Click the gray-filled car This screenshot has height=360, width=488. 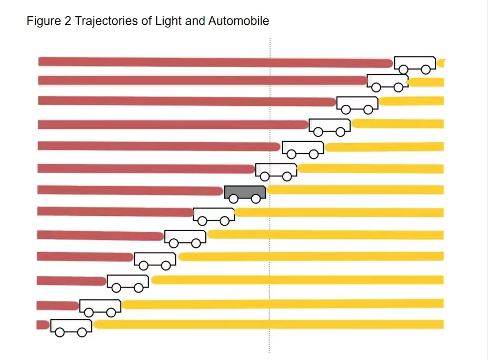[245, 194]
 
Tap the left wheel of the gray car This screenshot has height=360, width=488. [233, 198]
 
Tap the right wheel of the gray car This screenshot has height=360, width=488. [256, 198]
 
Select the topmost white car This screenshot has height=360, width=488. [415, 65]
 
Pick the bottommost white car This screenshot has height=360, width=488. [71, 328]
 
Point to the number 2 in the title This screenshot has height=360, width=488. [68, 21]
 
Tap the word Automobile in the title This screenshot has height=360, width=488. [238, 21]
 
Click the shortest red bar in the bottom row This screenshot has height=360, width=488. [43, 325]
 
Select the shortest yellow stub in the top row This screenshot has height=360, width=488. [441, 63]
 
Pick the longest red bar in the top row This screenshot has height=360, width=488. [215, 62]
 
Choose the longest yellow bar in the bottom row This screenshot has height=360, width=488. [268, 324]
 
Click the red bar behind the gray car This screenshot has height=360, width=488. [130, 190]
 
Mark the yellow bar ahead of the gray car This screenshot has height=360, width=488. [355, 189]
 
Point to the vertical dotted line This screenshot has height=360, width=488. [270, 195]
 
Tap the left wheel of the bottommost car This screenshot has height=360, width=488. [60, 332]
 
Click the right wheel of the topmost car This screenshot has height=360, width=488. [426, 69]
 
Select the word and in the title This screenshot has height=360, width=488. [195, 21]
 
